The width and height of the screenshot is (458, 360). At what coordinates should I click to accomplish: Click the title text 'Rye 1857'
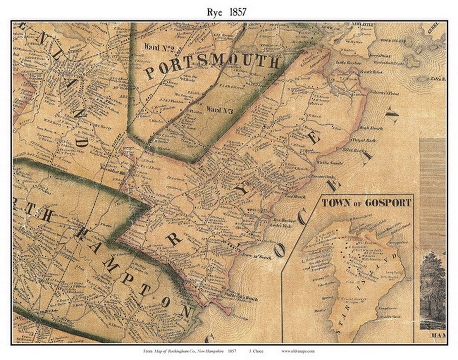click(229, 12)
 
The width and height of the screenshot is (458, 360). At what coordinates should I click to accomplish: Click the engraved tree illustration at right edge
click(433, 288)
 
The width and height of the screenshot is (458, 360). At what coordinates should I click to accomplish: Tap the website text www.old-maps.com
click(298, 351)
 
